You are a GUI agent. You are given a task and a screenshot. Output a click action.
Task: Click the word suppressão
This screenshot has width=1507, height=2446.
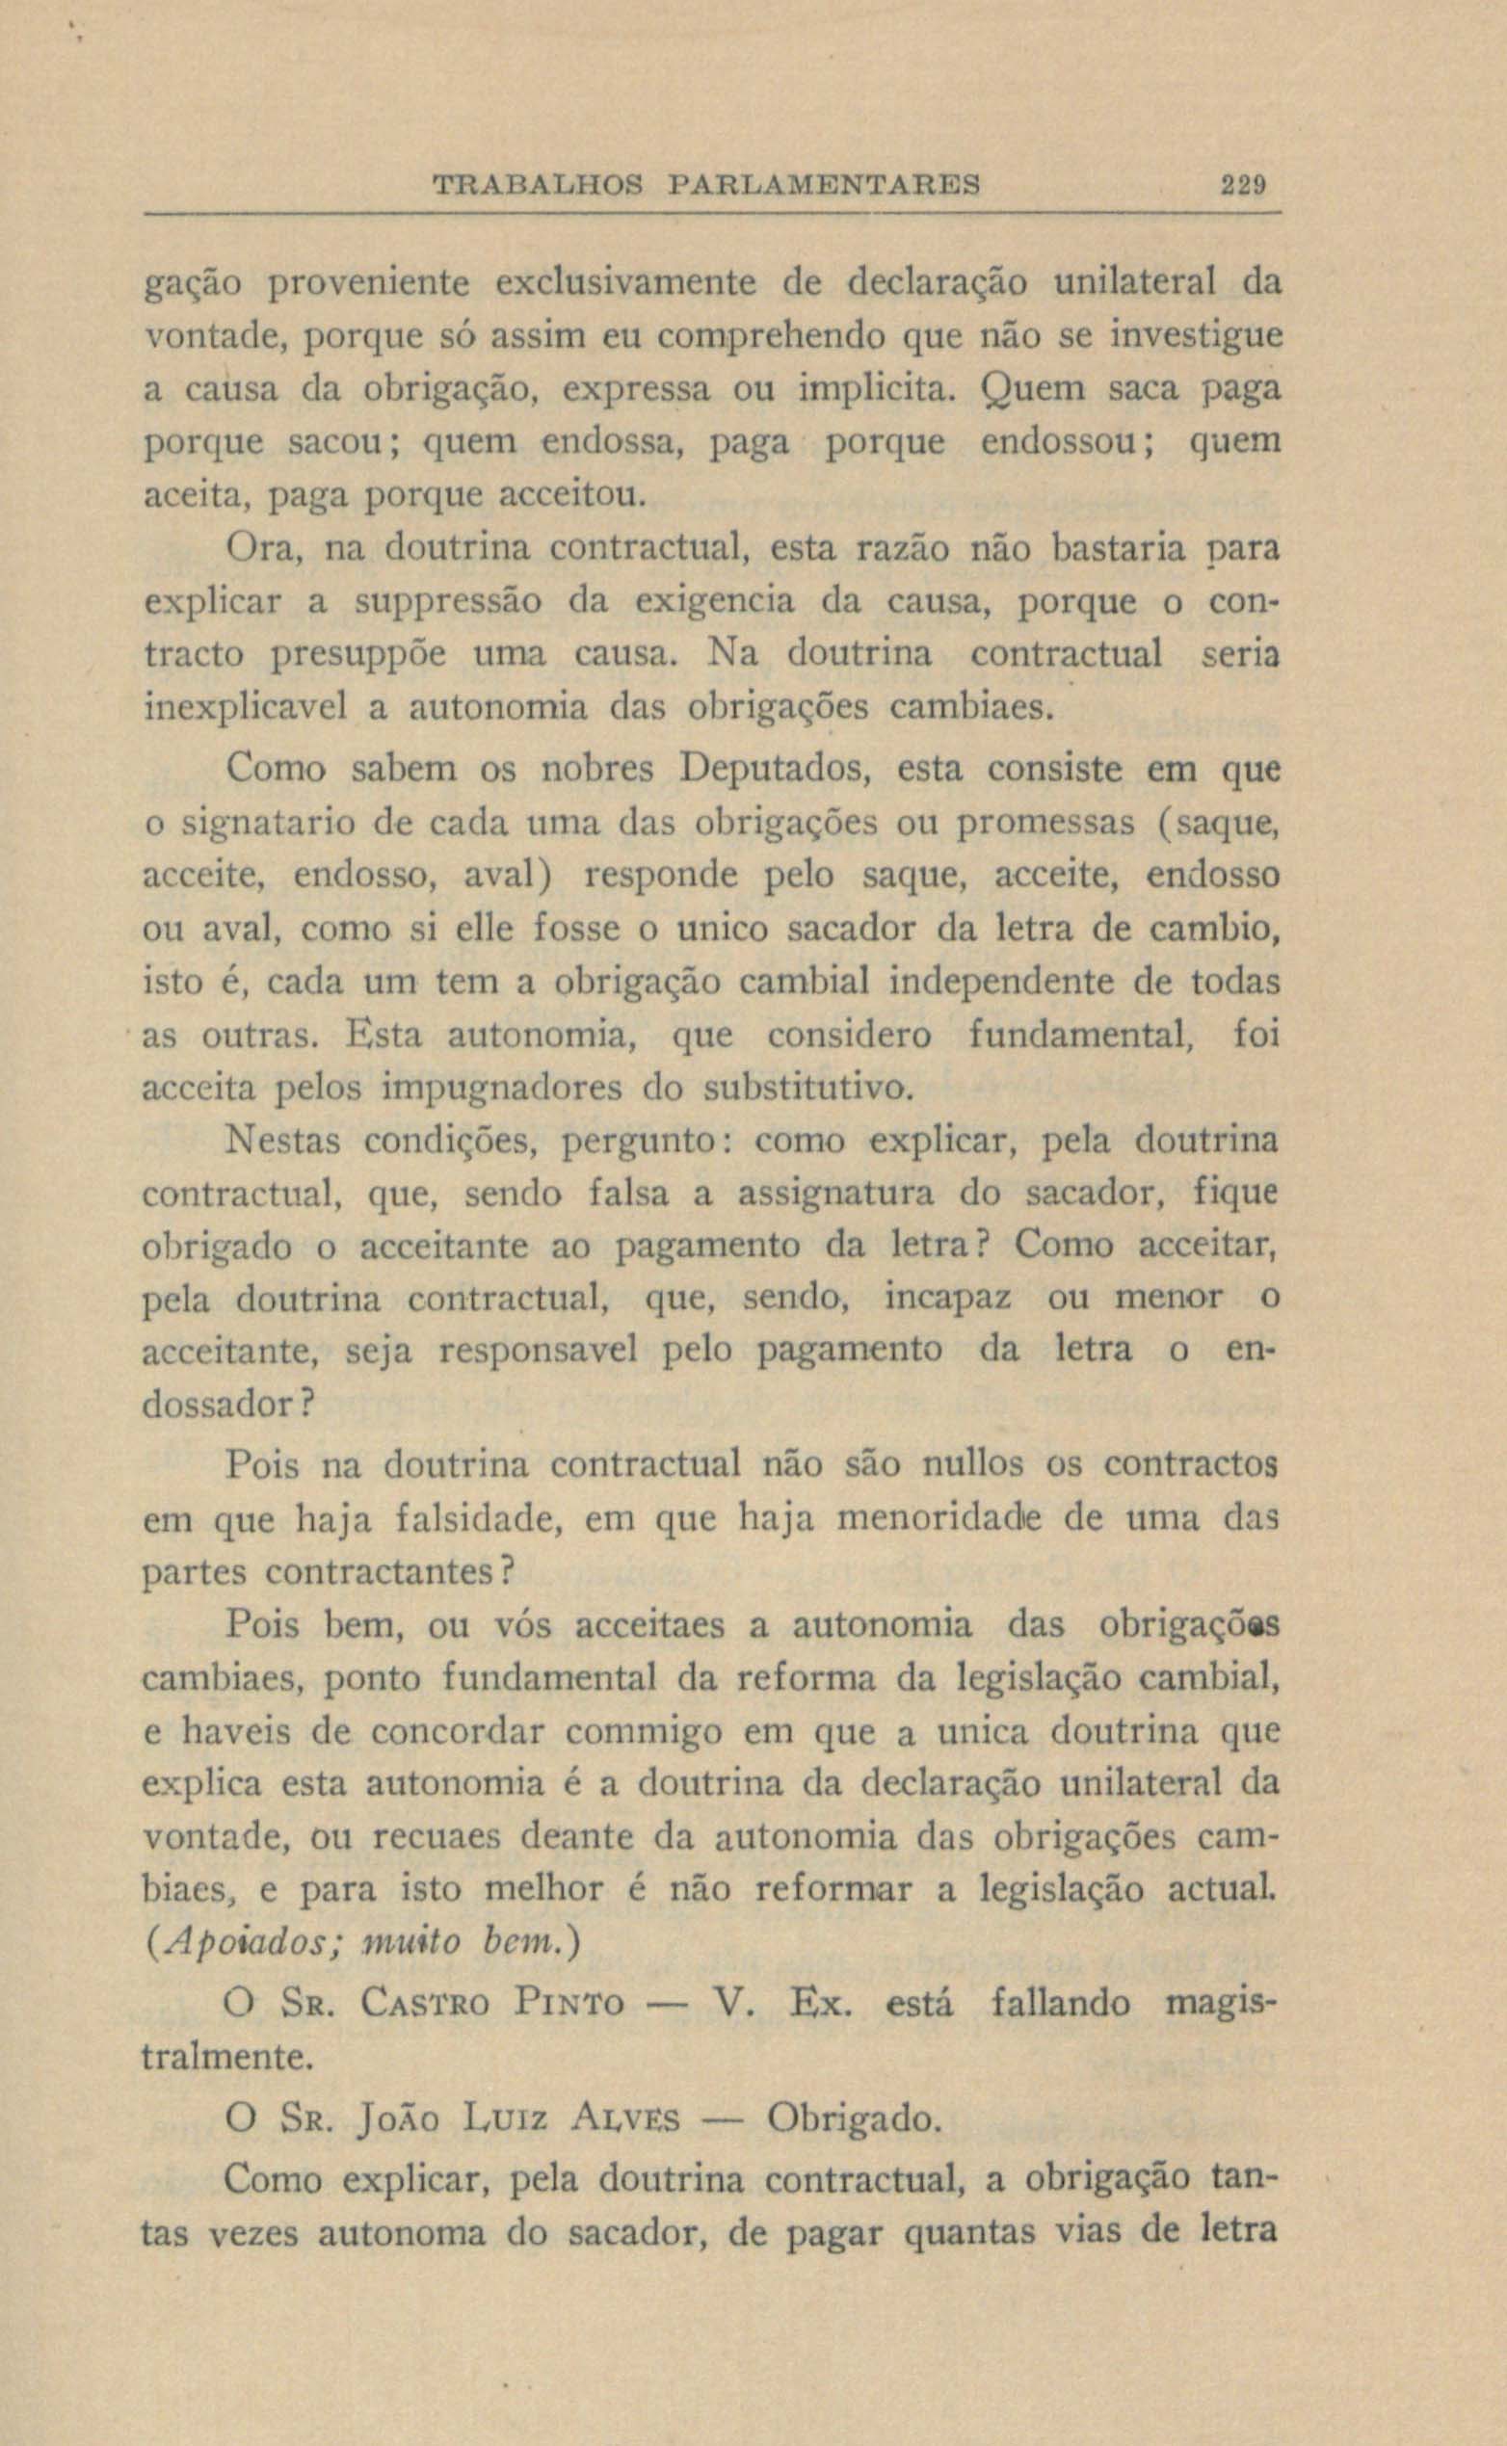click(x=450, y=602)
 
